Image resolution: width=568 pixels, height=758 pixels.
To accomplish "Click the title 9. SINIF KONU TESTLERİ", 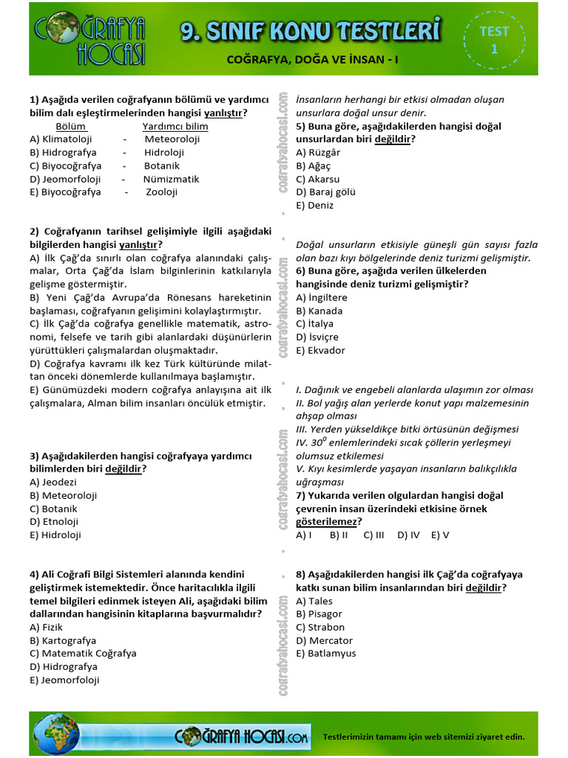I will coord(311,31).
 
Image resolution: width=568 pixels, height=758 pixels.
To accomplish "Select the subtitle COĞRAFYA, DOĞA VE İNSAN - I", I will coord(312,59).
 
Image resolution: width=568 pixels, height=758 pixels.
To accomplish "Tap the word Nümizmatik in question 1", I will coord(172,179).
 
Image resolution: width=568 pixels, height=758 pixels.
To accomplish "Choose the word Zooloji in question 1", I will coord(162,192).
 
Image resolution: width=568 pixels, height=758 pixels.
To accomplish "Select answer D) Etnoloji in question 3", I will coord(54,522).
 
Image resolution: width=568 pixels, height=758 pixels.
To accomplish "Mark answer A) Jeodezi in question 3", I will coord(53,482).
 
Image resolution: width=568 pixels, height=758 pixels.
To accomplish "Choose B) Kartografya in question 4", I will coord(63,641).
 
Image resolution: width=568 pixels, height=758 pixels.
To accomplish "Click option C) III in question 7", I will coord(373,535).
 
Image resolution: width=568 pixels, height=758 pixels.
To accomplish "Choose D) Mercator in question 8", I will coord(324,641).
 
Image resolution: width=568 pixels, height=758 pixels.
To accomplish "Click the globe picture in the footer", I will coord(56,734).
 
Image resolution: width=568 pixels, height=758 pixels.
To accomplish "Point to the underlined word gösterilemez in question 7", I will coord(328,522).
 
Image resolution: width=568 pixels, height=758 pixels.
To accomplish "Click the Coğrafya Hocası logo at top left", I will coord(90,40).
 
